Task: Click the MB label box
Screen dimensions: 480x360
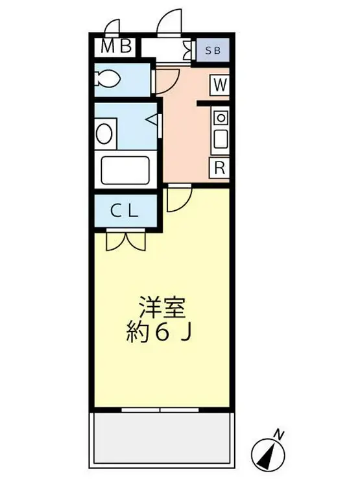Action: coord(117,47)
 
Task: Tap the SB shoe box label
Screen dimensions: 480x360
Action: coord(212,49)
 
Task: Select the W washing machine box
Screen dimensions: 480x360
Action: coord(219,84)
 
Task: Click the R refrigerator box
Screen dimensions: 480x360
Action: coord(219,167)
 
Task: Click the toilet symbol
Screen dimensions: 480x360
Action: coord(108,79)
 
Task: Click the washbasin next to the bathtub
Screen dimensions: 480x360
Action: coord(104,134)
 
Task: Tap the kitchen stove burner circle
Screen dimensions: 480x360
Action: coord(220,118)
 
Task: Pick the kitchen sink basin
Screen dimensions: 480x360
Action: coord(220,138)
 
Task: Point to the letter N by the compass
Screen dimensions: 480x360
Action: coord(279,434)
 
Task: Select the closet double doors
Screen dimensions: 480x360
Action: coord(126,241)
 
